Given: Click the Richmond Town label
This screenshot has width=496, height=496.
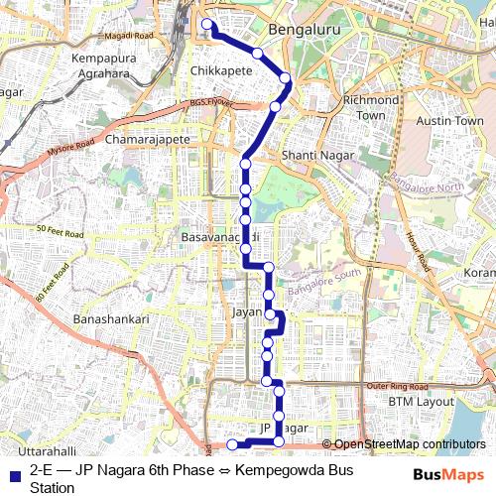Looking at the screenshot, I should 369,108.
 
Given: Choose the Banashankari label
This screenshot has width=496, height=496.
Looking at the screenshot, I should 110,319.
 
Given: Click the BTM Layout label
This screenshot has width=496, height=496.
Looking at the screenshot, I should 420,401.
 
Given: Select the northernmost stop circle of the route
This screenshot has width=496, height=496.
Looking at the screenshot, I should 207,25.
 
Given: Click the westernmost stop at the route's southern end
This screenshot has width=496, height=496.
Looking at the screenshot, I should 232,443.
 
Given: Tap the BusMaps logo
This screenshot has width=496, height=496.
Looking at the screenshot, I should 449,474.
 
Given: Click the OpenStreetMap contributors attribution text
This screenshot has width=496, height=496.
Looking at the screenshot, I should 409,443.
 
